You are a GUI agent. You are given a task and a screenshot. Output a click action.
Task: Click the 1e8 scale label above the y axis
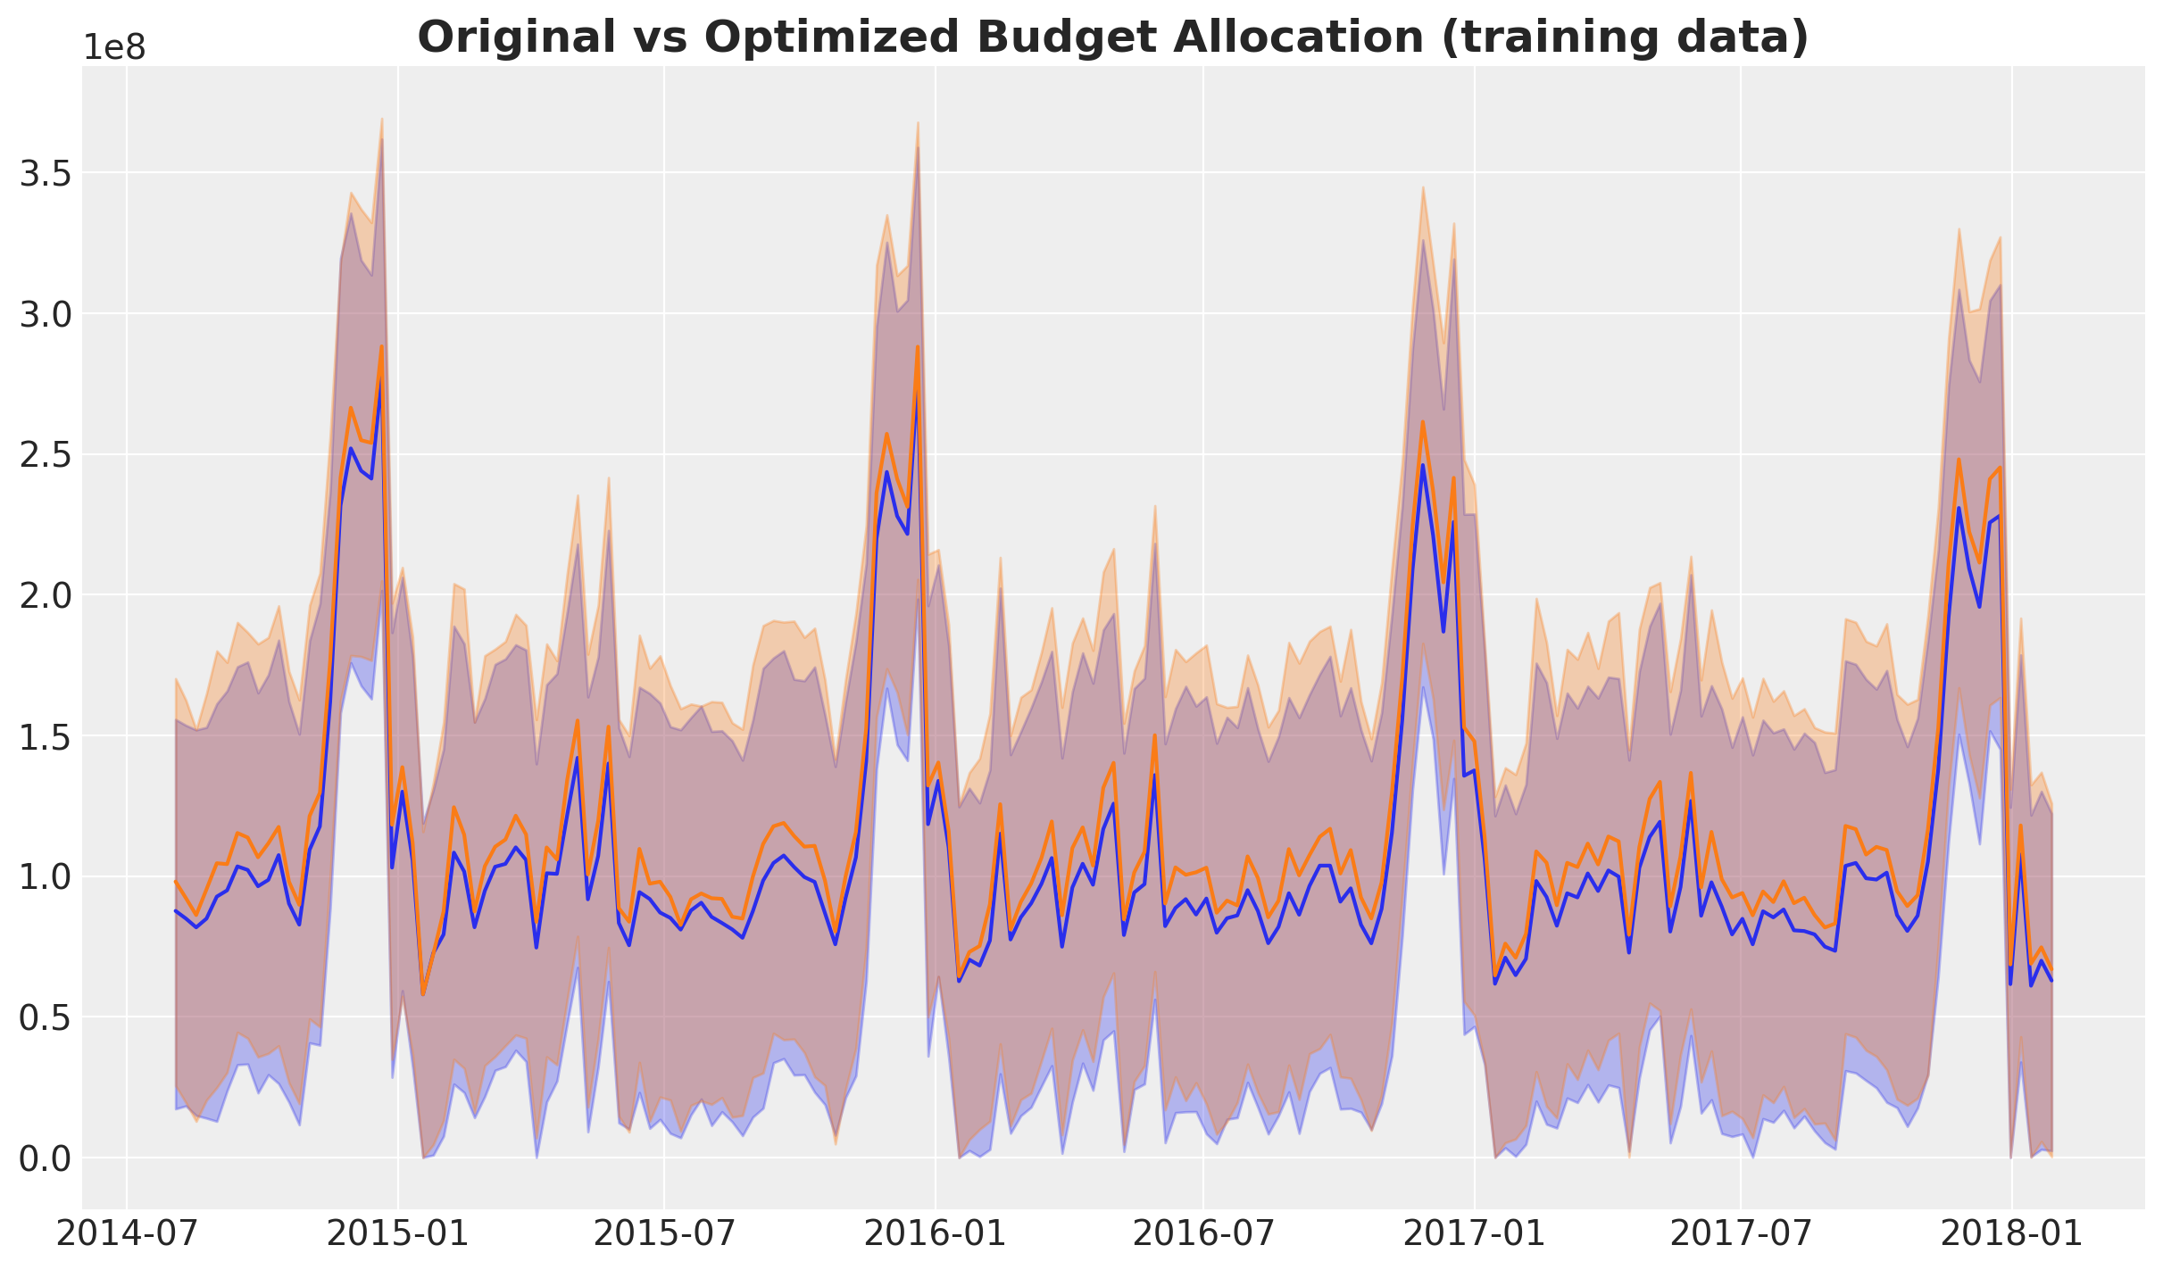[x=113, y=47]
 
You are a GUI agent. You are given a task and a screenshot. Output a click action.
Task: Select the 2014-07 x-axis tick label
[x=127, y=1234]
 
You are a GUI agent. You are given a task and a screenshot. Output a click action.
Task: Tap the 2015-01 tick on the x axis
[x=397, y=1234]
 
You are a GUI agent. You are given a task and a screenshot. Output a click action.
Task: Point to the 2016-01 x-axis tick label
[x=935, y=1234]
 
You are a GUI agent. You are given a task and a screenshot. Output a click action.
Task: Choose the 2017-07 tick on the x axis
[x=1740, y=1234]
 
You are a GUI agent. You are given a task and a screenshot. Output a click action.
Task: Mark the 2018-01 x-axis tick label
[x=2011, y=1234]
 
